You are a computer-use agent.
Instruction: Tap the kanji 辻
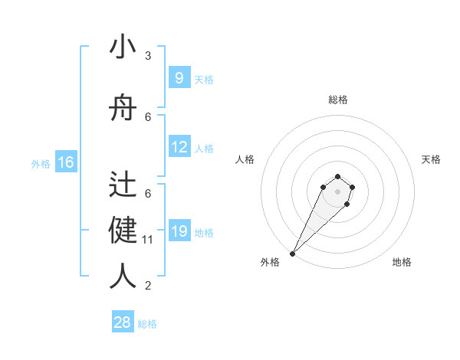point(123,185)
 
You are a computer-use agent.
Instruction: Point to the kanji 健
point(123,230)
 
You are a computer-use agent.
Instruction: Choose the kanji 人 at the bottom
point(123,276)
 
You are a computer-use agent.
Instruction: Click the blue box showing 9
point(179,78)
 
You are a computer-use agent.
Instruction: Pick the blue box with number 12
point(179,147)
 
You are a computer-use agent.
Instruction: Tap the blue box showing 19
point(179,231)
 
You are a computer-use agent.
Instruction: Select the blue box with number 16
point(65,162)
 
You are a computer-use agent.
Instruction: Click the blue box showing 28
point(123,322)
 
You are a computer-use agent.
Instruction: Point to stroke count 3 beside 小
point(148,56)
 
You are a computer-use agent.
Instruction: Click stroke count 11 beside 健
point(148,240)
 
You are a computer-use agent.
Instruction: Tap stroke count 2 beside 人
point(148,286)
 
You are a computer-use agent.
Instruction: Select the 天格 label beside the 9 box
point(204,80)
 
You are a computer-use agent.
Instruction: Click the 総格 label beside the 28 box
point(147,324)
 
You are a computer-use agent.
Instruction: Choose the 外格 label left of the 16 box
point(40,164)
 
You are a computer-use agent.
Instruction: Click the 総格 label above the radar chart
point(337,100)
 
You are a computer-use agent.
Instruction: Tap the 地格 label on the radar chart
point(402,262)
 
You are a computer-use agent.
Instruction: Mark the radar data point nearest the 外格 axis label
point(293,253)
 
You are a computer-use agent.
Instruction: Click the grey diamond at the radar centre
point(337,191)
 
